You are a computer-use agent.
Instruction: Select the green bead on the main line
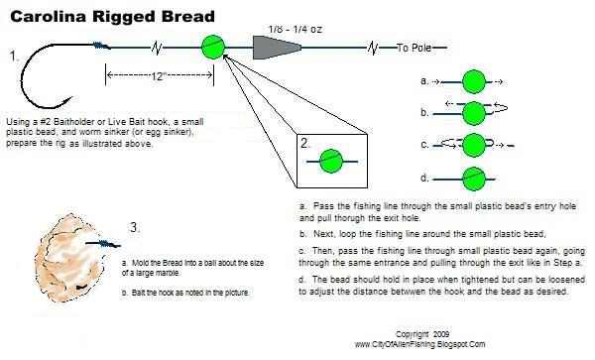coord(213,47)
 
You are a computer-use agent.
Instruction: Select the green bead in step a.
coord(475,80)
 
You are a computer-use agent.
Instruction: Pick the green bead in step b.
coord(475,113)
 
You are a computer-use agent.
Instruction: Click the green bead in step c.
coord(475,146)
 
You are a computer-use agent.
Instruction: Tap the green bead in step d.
coord(475,179)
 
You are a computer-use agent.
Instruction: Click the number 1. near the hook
coord(13,57)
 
